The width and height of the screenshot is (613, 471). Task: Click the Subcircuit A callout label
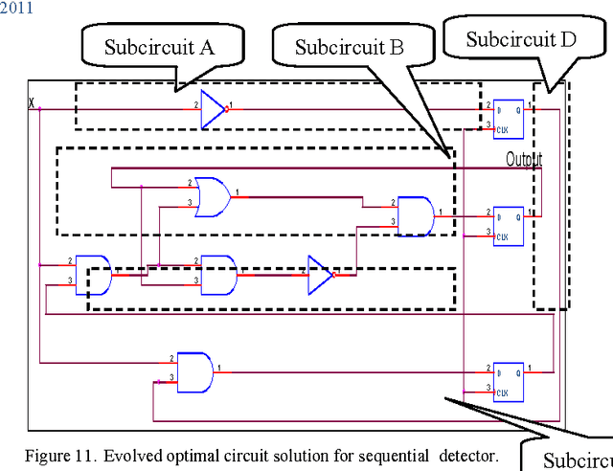159,47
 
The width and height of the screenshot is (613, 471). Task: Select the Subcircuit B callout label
349,47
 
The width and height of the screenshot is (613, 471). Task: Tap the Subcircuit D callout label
522,39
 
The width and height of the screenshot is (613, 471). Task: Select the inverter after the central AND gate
320,275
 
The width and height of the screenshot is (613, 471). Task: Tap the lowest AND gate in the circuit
195,370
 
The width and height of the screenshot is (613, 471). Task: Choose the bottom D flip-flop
507,381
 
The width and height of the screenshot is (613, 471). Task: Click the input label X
32,101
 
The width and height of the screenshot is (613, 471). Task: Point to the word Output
524,159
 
